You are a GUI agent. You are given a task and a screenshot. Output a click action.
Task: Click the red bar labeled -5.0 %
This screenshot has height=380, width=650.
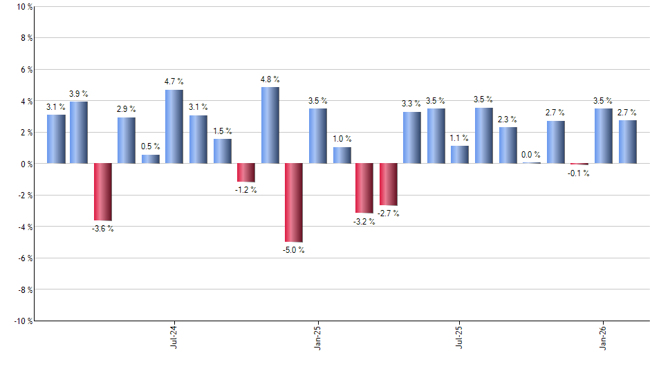(x=294, y=202)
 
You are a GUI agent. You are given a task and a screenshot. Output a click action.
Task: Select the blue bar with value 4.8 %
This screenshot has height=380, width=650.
(x=270, y=125)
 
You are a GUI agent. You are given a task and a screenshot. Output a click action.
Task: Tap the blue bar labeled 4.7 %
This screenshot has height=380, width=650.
(x=174, y=126)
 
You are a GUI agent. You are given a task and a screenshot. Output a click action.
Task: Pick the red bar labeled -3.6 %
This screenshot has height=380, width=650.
(x=103, y=191)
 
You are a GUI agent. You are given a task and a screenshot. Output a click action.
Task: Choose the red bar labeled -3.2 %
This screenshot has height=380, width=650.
(x=364, y=188)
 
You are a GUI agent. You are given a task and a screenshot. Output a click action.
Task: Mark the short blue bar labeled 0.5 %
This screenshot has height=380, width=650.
(x=151, y=159)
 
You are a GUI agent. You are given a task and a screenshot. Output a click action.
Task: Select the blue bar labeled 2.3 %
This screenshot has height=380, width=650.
(x=508, y=145)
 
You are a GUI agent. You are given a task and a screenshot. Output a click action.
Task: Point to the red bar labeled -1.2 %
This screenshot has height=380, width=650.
(x=246, y=173)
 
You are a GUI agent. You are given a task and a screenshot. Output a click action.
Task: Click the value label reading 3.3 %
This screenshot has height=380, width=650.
(x=411, y=104)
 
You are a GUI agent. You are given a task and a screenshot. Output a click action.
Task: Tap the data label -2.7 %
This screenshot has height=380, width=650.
(x=388, y=213)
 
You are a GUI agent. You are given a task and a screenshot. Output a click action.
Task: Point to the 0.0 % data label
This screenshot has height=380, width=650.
(x=532, y=155)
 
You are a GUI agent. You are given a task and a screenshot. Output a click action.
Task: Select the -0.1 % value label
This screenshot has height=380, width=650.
(x=579, y=173)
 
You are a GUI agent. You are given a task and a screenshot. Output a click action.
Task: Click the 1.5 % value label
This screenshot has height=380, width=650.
(x=222, y=131)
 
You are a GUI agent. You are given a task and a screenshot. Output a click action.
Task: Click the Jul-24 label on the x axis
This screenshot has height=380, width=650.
(x=173, y=336)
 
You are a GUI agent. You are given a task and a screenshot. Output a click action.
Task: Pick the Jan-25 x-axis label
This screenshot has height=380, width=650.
(x=317, y=336)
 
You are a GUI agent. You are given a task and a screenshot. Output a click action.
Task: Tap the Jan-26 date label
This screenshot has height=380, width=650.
(x=604, y=336)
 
